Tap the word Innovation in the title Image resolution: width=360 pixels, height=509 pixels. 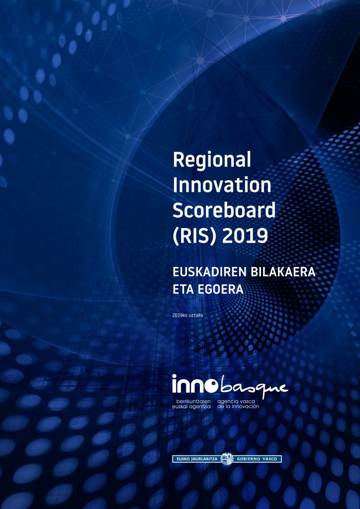(222, 185)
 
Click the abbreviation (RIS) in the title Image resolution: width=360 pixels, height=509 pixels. (194, 236)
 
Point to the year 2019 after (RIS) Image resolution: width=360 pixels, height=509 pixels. (245, 236)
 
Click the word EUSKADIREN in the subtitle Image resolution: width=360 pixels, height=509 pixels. (209, 272)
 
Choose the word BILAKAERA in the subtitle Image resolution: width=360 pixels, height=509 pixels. (283, 272)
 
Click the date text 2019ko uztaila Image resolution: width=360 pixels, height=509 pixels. (188, 315)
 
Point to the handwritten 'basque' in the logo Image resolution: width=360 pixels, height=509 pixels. (254, 387)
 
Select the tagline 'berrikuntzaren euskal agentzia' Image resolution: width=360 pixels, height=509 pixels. (191, 404)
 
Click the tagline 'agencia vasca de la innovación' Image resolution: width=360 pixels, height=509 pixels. (238, 404)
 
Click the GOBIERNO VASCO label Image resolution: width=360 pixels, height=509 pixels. (259, 459)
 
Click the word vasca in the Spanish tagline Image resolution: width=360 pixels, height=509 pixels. (248, 402)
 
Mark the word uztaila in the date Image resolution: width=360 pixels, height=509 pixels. (196, 315)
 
